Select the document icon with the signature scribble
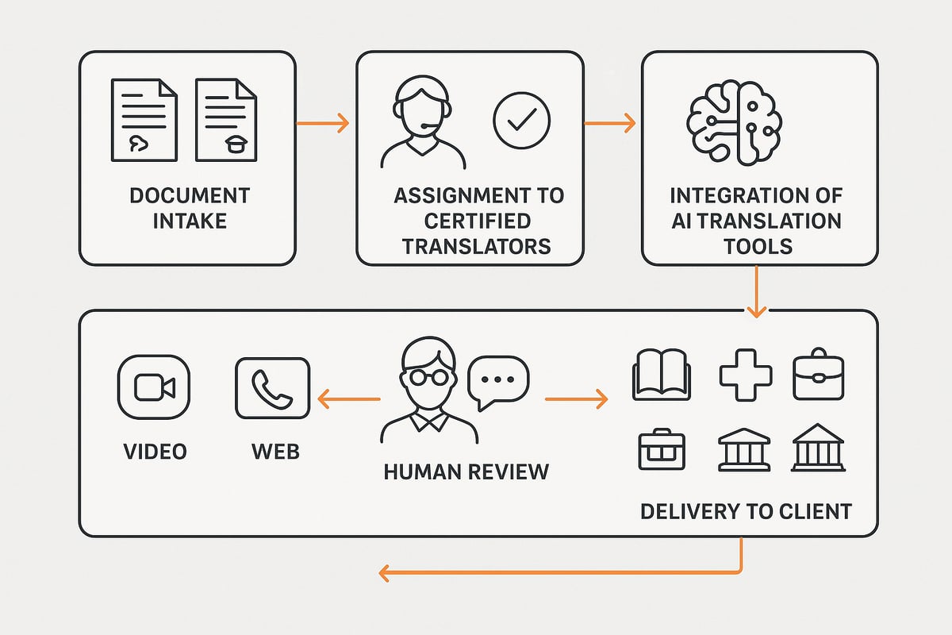click(144, 121)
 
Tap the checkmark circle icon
click(521, 121)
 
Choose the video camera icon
click(153, 387)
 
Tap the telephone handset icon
click(273, 387)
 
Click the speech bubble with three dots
click(497, 381)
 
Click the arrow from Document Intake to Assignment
click(323, 123)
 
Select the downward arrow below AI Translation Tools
click(756, 291)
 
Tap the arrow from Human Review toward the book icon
click(576, 399)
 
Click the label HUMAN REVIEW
click(466, 471)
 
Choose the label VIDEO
click(155, 452)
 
